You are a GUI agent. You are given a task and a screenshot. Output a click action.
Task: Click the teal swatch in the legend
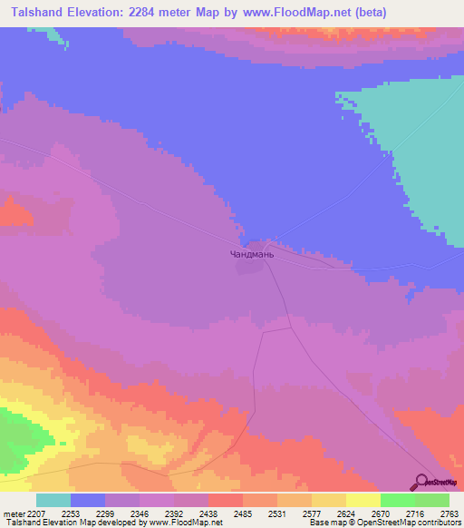(53, 500)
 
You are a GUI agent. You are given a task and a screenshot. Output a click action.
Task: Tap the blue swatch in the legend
(88, 500)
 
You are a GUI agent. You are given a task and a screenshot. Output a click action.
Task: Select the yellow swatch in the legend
(362, 500)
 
